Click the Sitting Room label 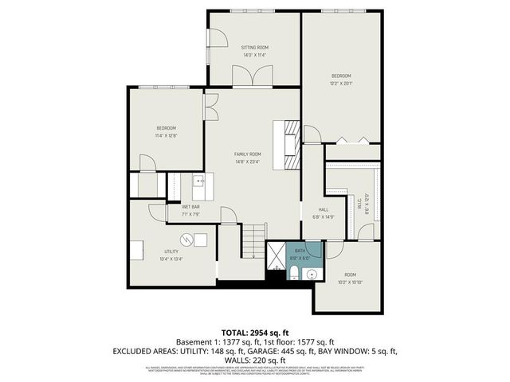[x=255, y=48]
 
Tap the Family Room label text [x=247, y=154]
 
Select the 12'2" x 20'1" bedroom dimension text [x=340, y=83]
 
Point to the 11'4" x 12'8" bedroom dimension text [x=166, y=135]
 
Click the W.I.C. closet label [x=367, y=205]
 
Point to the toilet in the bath [x=293, y=275]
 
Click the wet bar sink [x=200, y=182]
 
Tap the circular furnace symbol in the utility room [x=185, y=239]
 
